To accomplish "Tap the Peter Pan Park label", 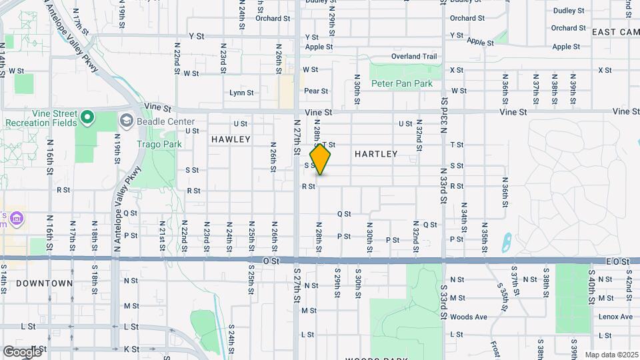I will pyautogui.click(x=402, y=84).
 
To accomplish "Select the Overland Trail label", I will pyautogui.click(x=414, y=57).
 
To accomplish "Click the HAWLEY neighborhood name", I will pyautogui.click(x=231, y=139).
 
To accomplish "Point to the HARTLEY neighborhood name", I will pyautogui.click(x=376, y=154).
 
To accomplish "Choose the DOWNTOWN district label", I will pyautogui.click(x=44, y=283).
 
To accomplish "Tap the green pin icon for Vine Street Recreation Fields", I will pyautogui.click(x=87, y=119).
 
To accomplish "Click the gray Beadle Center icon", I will pyautogui.click(x=127, y=121).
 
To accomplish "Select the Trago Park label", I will pyautogui.click(x=159, y=144).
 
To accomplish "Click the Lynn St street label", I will pyautogui.click(x=241, y=93).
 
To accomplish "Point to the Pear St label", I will pyautogui.click(x=316, y=91).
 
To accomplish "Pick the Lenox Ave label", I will pyautogui.click(x=615, y=317).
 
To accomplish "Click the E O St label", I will pyautogui.click(x=617, y=262).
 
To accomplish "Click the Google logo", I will pyautogui.click(x=23, y=351).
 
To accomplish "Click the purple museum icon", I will pyautogui.click(x=16, y=219).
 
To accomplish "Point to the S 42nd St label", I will pyautogui.click(x=628, y=282).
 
